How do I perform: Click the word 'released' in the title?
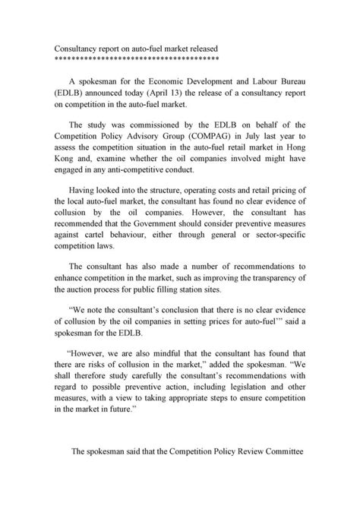pos(200,47)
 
